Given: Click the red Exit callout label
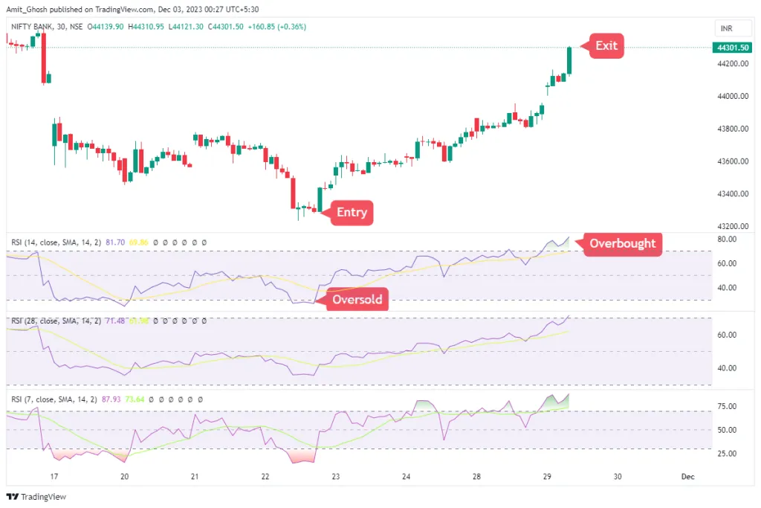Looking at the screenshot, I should [606, 45].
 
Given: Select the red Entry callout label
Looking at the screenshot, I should [351, 212].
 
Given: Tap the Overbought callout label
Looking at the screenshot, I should [622, 243].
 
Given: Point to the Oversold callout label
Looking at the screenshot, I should [357, 300].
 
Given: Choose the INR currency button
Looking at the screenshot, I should [726, 28].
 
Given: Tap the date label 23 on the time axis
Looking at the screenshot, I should [336, 476].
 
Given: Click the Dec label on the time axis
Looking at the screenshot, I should [686, 476].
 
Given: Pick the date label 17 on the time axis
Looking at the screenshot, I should [54, 476].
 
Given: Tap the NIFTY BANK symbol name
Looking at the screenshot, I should [33, 27].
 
